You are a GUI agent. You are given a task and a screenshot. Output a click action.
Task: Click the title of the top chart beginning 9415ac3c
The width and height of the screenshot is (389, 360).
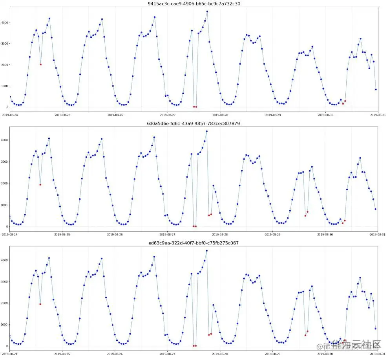click(x=194, y=4)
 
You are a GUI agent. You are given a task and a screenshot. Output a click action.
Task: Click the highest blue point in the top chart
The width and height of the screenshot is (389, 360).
click(x=207, y=12)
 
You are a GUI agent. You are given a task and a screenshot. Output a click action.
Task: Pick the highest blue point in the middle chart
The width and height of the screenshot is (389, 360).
click(x=207, y=131)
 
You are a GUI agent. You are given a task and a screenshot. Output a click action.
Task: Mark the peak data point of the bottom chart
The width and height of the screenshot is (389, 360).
click(x=207, y=251)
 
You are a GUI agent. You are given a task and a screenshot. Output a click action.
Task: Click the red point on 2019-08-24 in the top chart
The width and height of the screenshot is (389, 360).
click(x=40, y=64)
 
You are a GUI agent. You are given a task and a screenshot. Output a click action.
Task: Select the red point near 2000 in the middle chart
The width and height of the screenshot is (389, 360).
click(x=40, y=185)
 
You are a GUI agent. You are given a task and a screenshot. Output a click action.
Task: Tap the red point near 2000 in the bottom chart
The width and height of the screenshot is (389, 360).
click(x=40, y=304)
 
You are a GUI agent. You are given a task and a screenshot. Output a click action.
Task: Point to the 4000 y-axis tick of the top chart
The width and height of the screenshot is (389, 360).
click(x=5, y=22)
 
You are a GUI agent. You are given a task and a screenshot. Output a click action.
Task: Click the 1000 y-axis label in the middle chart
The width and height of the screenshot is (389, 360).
click(x=5, y=205)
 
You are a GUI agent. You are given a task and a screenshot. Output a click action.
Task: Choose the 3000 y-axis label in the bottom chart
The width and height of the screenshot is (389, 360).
click(x=5, y=282)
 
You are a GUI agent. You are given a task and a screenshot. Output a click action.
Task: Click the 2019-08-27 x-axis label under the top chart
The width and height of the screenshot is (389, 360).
click(x=168, y=115)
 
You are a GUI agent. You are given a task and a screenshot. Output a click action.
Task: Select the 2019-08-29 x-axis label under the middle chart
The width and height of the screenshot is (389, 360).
click(x=273, y=234)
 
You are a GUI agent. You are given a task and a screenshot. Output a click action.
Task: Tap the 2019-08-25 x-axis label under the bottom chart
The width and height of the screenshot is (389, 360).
click(x=62, y=354)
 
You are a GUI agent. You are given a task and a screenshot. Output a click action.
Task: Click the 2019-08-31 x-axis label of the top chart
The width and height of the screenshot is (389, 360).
click(x=378, y=115)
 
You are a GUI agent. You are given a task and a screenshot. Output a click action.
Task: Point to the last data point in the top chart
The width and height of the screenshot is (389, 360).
click(x=376, y=90)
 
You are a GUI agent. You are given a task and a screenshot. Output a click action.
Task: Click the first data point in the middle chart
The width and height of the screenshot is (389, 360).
click(x=10, y=216)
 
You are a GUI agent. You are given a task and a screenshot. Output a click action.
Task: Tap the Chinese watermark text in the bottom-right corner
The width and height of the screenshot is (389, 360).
click(x=349, y=346)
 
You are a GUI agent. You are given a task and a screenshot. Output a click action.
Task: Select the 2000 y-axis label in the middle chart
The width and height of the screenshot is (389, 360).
click(x=5, y=184)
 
